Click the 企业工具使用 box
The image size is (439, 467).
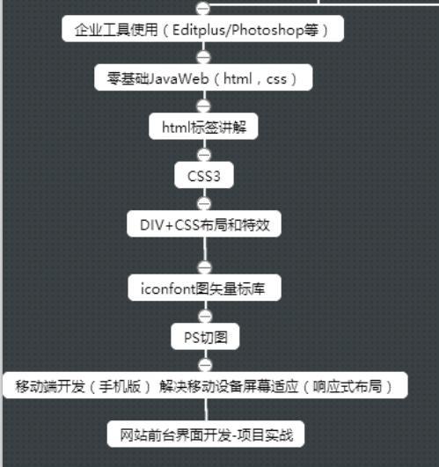tap(203, 29)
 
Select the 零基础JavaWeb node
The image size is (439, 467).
tap(203, 77)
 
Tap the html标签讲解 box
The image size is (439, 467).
tap(203, 127)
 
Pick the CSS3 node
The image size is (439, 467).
tap(204, 175)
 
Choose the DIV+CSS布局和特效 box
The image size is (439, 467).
tap(204, 224)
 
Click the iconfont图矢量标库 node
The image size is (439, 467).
tap(205, 288)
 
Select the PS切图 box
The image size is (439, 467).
tap(205, 337)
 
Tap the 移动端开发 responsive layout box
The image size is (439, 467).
tap(205, 385)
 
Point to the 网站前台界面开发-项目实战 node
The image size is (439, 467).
tap(206, 434)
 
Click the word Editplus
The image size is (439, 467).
tap(199, 30)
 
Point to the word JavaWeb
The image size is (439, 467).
tap(178, 78)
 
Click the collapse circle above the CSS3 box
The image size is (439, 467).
tap(204, 155)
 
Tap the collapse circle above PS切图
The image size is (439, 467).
tap(205, 317)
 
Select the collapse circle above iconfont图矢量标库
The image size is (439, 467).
tap(205, 267)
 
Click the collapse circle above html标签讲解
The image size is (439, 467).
tap(204, 106)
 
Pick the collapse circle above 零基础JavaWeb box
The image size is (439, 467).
tap(204, 57)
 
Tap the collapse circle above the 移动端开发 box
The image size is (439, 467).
tap(205, 365)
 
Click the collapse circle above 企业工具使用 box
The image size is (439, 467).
tap(203, 8)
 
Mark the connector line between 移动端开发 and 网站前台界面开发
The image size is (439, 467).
tap(206, 410)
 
